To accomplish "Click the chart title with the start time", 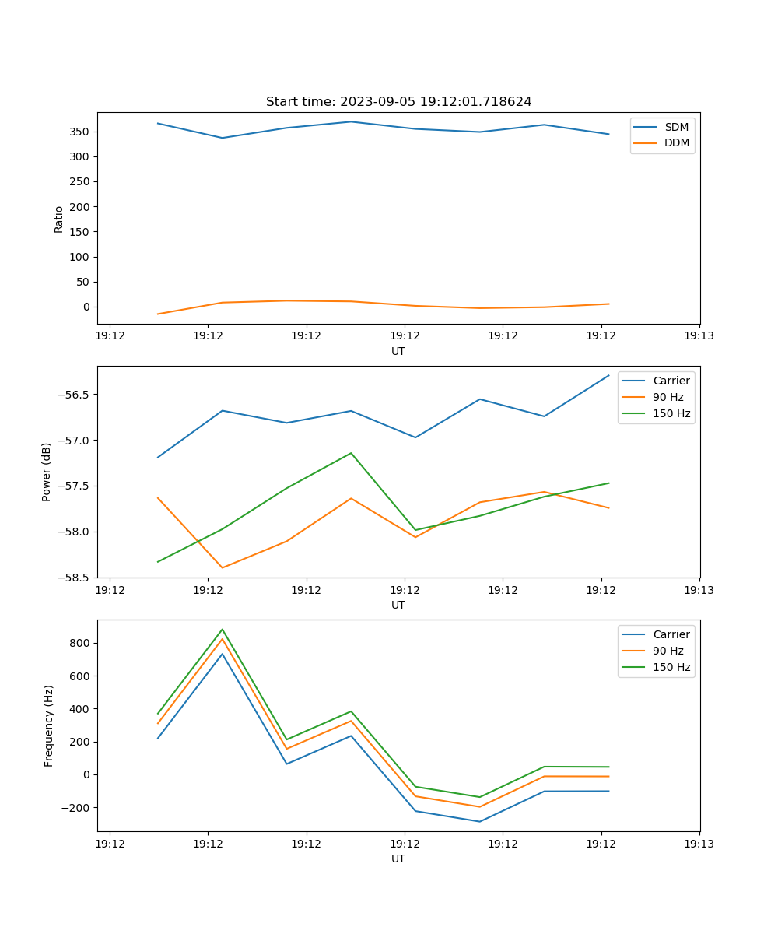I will pos(398,102).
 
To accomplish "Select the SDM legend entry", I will pos(676,127).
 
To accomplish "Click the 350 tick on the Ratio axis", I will pos(79,132).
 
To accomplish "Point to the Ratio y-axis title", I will pos(59,219).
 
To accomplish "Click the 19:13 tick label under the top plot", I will pos(699,336).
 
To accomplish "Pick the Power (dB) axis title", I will pos(47,472).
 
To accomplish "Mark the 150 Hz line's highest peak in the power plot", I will pos(351,453).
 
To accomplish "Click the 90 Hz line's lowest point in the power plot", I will pos(223,567).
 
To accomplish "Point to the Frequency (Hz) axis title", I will pos(49,725).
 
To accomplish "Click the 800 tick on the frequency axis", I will pos(82,643).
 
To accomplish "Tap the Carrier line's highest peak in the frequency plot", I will pos(223,654).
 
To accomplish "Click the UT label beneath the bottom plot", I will pos(398,859).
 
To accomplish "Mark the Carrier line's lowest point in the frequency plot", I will pos(479,821).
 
